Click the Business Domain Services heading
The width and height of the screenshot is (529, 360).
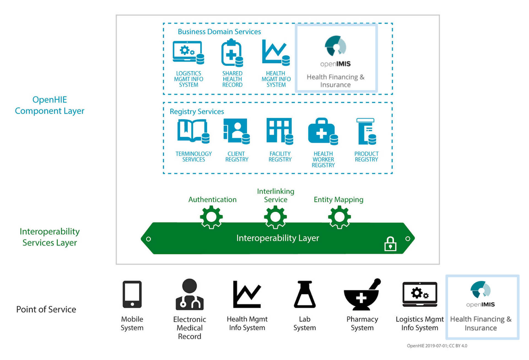219,32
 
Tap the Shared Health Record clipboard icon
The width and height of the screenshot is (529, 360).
232,53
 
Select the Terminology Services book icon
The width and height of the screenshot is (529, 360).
193,131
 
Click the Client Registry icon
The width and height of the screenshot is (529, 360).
236,131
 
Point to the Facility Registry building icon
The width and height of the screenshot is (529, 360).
279,131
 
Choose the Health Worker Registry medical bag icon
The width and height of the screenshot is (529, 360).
322,131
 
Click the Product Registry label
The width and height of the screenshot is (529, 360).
366,157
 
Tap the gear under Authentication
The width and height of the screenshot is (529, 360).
211,217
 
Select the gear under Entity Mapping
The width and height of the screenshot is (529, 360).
339,217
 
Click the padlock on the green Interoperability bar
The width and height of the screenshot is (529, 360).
390,244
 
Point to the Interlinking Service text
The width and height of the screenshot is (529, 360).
276,195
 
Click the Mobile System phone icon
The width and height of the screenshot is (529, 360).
132,294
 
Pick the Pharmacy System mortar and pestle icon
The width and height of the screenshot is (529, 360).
362,295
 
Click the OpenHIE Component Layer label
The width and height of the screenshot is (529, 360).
50,105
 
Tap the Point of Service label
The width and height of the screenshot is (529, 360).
46,309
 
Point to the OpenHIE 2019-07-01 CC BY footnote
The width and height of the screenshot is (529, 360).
437,346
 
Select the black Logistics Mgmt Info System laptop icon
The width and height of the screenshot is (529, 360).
420,294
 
